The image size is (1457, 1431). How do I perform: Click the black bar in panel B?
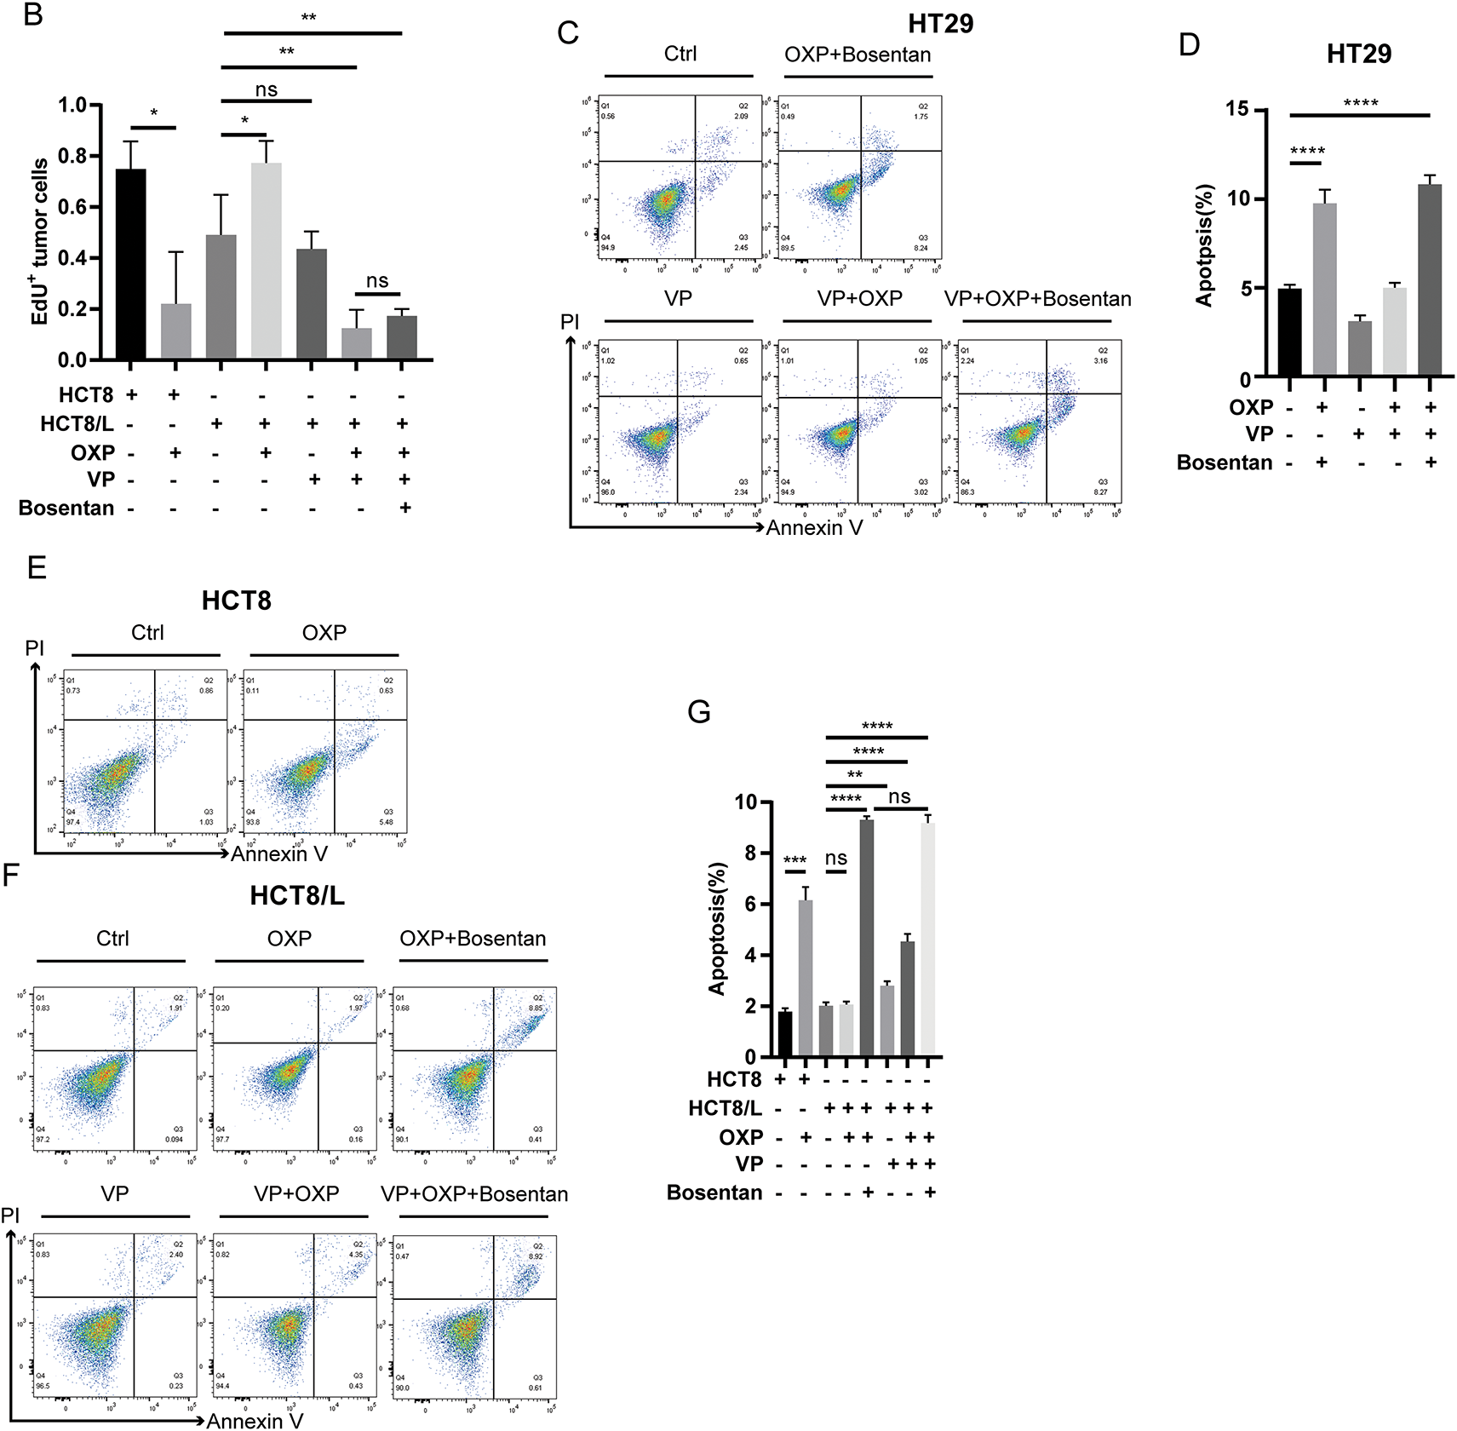pos(131,264)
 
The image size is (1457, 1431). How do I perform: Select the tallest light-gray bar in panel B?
pos(266,261)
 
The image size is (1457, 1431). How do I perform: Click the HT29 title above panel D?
pos(1359,54)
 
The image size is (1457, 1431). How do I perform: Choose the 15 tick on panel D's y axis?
pos(1237,109)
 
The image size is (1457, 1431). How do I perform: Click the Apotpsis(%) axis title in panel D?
pos(1204,245)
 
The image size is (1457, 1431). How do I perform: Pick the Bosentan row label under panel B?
pos(66,509)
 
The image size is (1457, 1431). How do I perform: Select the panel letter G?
pos(698,712)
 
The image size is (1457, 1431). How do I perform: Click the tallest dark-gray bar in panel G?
pos(867,937)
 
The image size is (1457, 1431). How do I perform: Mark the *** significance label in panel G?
pos(794,860)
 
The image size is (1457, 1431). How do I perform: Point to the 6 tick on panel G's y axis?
pos(750,905)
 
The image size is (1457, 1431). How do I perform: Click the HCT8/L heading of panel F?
pos(297,896)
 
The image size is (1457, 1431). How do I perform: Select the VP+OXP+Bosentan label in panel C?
pos(1037,299)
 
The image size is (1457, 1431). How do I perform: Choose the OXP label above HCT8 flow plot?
pos(324,633)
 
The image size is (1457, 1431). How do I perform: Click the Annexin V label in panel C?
pos(814,528)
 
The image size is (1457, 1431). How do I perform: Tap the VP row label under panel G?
pos(749,1164)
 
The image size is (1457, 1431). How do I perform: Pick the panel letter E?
pos(37,568)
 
